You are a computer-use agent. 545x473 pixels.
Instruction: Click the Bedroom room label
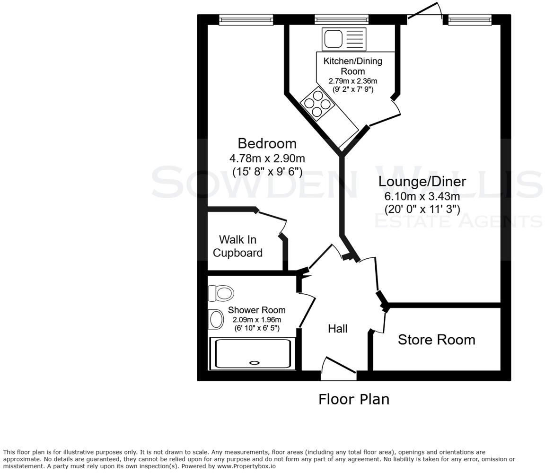[267, 143]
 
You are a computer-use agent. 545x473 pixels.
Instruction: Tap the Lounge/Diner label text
[422, 181]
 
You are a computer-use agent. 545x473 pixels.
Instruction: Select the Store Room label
[436, 340]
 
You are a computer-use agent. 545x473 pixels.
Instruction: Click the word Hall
[338, 328]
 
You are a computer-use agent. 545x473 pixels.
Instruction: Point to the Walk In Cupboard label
[237, 246]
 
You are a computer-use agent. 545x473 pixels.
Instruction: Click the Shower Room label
[256, 310]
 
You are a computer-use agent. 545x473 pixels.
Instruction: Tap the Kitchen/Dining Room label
[352, 66]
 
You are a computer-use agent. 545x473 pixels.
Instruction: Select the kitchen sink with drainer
[344, 39]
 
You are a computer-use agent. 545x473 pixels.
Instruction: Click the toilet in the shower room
[221, 293]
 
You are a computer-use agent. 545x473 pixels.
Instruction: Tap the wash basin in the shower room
[216, 319]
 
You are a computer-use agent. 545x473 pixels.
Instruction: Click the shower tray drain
[254, 363]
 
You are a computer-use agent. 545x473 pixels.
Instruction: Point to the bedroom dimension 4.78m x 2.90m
[267, 158]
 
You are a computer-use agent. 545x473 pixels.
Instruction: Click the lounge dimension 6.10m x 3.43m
[422, 196]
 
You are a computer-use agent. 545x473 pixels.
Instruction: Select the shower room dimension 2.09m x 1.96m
[256, 319]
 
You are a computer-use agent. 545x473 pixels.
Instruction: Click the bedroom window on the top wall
[246, 19]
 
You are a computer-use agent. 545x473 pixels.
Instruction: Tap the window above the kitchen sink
[341, 19]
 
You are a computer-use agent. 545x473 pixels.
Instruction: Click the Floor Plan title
[354, 399]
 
